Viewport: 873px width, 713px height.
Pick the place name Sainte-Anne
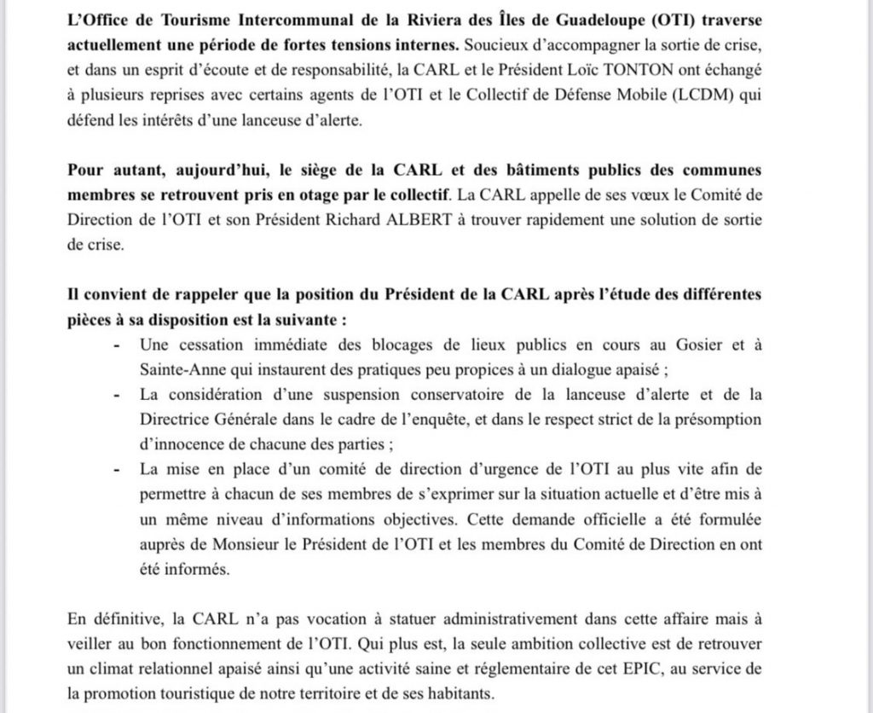[x=177, y=370]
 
